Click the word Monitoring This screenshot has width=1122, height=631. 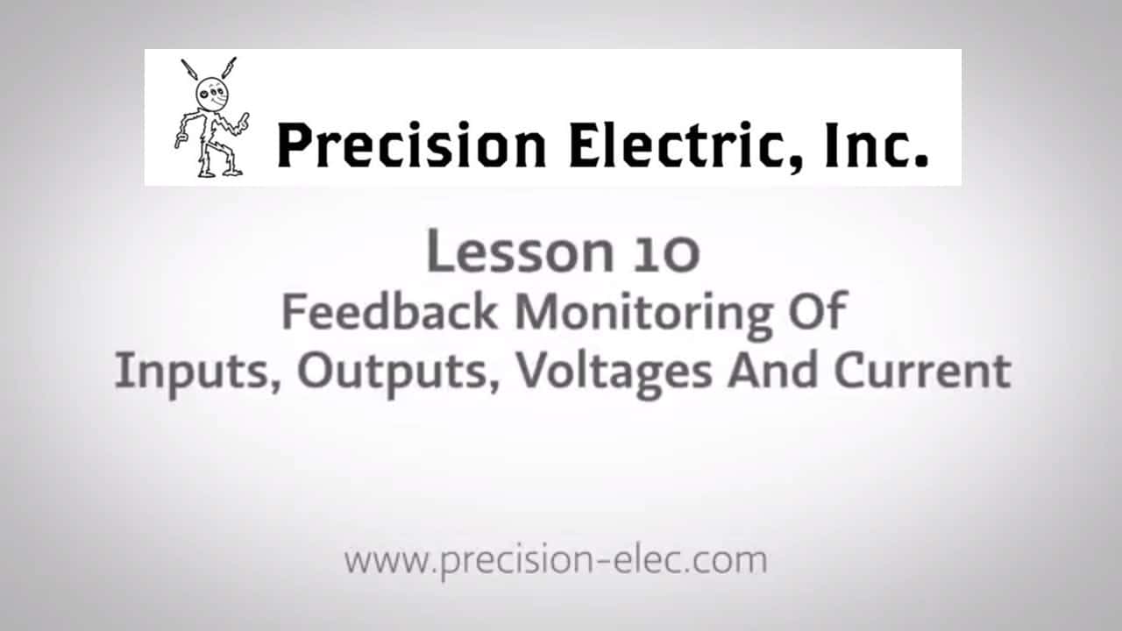click(643, 313)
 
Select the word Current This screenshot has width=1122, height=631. click(921, 372)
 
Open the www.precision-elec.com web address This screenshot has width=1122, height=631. click(555, 560)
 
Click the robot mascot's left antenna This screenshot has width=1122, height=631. click(188, 70)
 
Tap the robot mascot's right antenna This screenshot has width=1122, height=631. click(230, 69)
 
